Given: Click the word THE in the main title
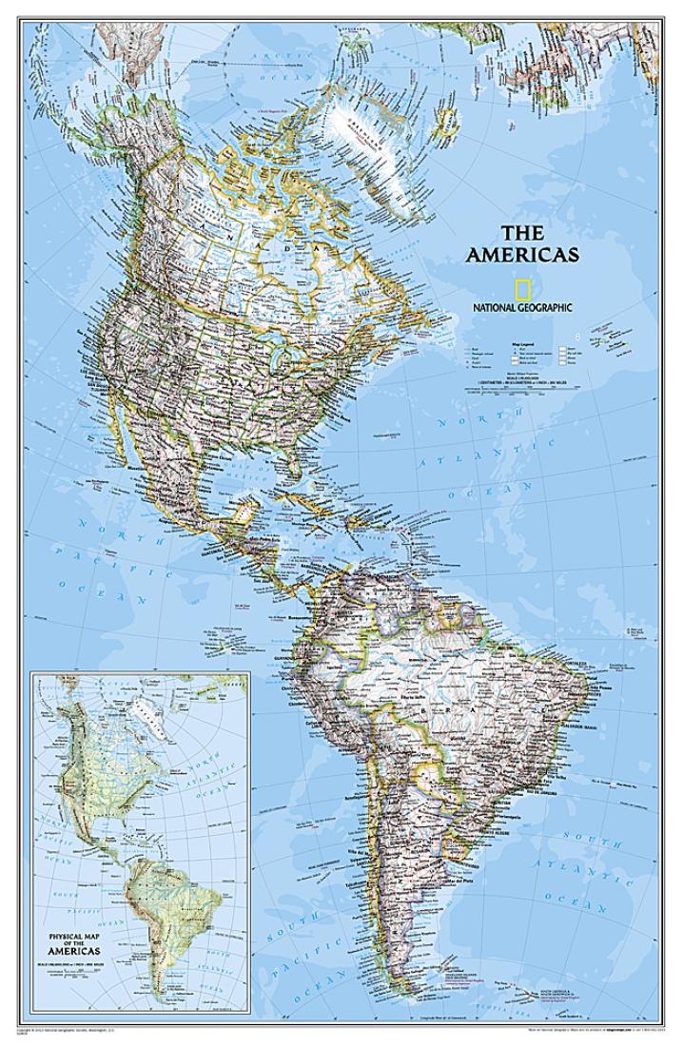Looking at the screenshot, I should tap(522, 232).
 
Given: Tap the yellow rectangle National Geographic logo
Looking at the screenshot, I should tap(522, 289).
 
